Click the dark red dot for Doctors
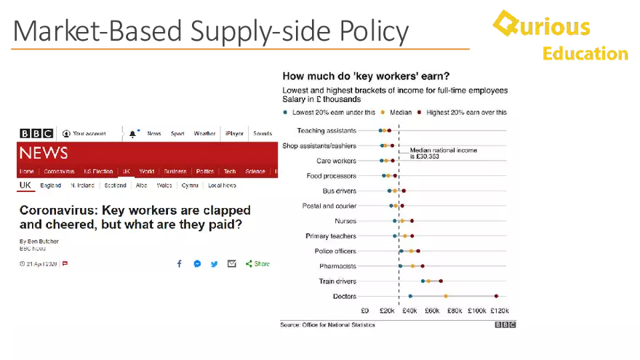(496, 296)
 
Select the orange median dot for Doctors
(446, 296)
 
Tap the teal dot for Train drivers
(423, 281)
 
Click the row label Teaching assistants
(327, 131)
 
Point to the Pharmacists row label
(336, 266)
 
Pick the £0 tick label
(365, 311)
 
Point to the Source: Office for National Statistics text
(327, 324)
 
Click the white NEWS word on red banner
(44, 153)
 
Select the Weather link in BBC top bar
(204, 134)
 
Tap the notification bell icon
(132, 134)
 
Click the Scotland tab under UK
(115, 185)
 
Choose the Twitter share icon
(214, 264)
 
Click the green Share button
(258, 264)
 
